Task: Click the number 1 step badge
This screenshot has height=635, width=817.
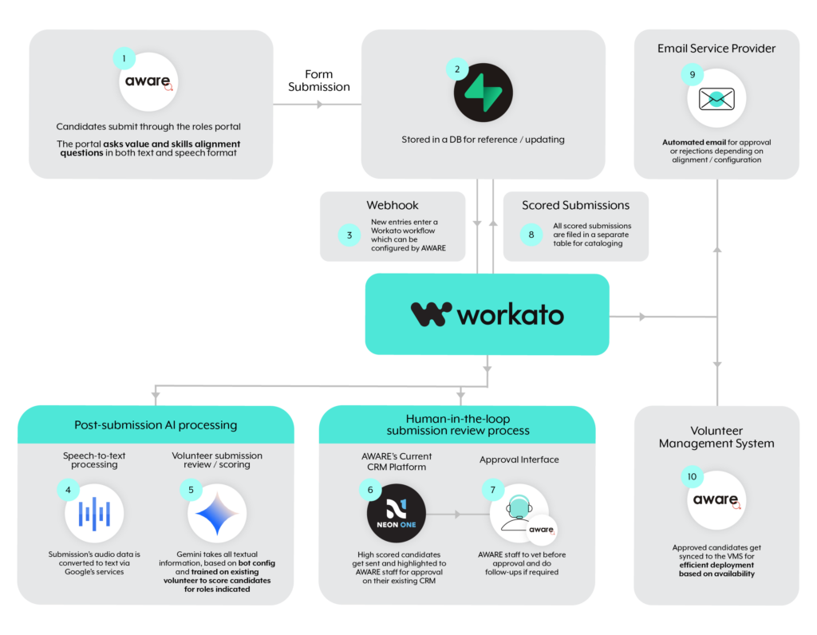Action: point(124,58)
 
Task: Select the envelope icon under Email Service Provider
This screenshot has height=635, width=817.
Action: point(716,99)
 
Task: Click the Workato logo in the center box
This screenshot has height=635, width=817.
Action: point(487,314)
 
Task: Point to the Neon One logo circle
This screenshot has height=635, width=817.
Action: point(397,513)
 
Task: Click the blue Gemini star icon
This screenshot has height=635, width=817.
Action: point(217,513)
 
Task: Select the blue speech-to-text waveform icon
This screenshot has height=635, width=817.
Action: point(94,513)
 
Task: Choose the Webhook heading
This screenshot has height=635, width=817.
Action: point(393,205)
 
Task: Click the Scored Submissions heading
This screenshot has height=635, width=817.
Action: point(575,205)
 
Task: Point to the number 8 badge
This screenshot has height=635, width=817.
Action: point(531,235)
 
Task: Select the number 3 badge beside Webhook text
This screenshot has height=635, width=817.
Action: point(349,235)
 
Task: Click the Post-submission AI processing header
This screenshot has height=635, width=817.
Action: point(156,424)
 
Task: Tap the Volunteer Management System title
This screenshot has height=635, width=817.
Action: point(716,436)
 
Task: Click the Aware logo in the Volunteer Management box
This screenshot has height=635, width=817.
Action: point(716,500)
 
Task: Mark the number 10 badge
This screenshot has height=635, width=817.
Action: point(691,477)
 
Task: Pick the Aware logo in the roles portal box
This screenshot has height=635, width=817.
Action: point(148,81)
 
